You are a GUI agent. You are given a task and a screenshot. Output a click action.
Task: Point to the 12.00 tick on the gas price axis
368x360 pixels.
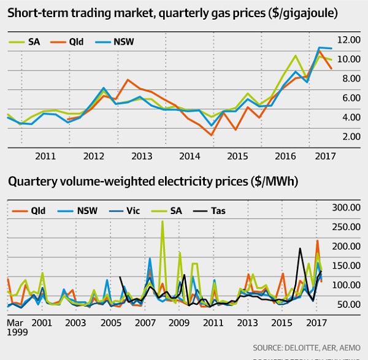pyautogui.click(x=346, y=40)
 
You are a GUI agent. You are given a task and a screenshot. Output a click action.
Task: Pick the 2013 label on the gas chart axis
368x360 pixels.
pyautogui.click(x=142, y=156)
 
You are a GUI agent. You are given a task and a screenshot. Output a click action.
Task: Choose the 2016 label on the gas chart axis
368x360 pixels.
pyautogui.click(x=286, y=156)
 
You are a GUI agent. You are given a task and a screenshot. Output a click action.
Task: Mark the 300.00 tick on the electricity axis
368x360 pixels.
pyautogui.click(x=345, y=209)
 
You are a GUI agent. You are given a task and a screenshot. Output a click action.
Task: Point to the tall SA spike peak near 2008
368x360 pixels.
pyautogui.click(x=162, y=222)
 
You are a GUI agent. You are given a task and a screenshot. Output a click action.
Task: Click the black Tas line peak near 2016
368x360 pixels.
pyautogui.click(x=300, y=248)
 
